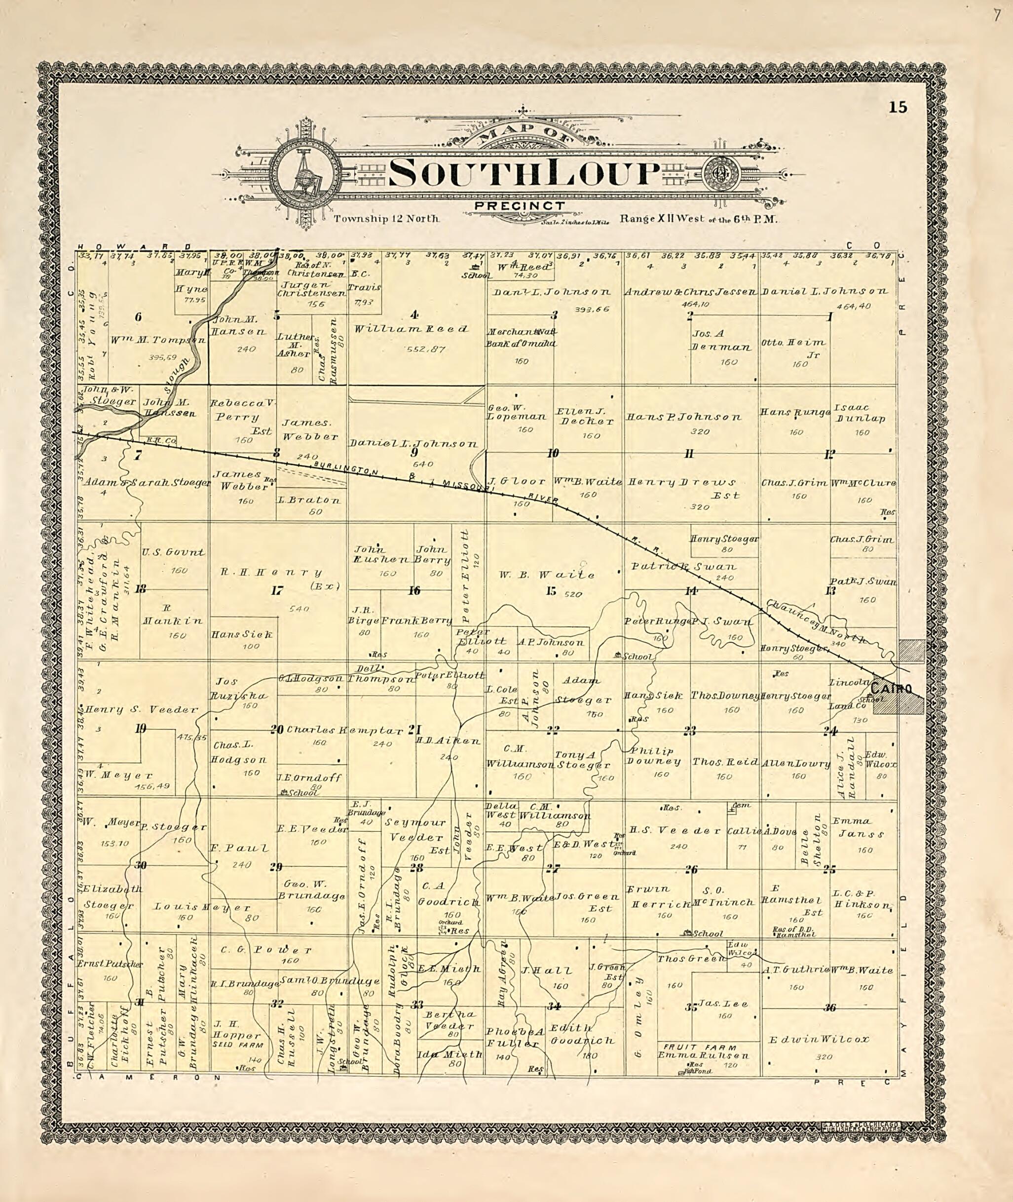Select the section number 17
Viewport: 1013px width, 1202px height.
277,590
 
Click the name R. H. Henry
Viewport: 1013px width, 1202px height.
271,572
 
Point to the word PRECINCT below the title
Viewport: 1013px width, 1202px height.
520,205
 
